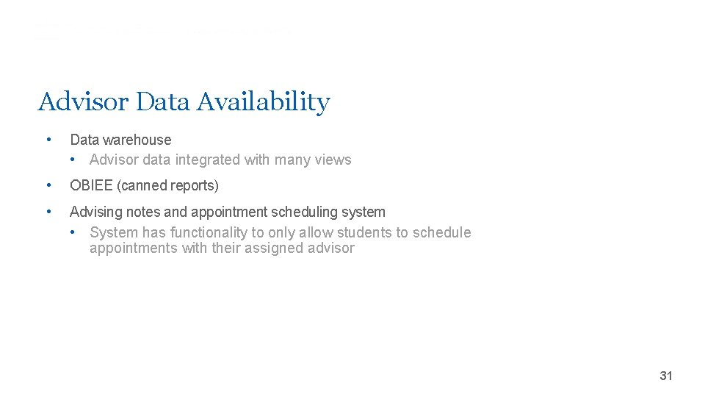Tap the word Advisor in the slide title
[x=83, y=101]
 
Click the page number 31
[x=666, y=376]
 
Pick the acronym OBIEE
[x=92, y=186]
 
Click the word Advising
[x=96, y=212]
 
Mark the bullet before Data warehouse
[x=48, y=140]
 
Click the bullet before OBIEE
[x=48, y=186]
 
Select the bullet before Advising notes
[x=48, y=212]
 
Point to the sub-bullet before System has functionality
[x=73, y=233]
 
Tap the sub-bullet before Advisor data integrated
[x=73, y=160]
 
